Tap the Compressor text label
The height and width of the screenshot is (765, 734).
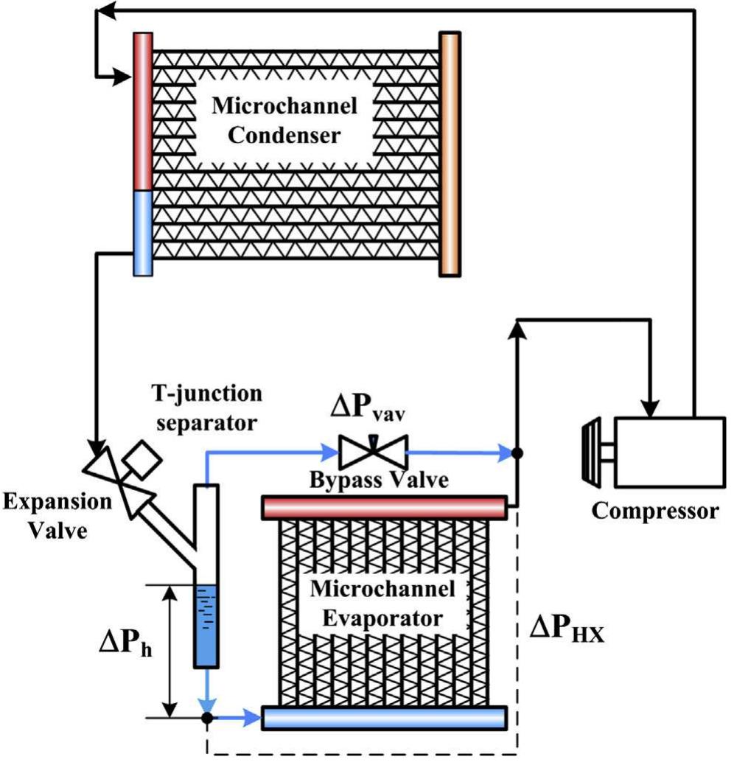655,511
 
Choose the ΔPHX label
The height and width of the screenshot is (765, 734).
570,629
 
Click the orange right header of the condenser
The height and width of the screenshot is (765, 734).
450,153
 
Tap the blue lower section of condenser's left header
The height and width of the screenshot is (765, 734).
142,232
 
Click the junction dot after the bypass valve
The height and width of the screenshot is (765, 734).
517,453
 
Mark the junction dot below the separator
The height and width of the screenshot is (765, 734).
208,716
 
